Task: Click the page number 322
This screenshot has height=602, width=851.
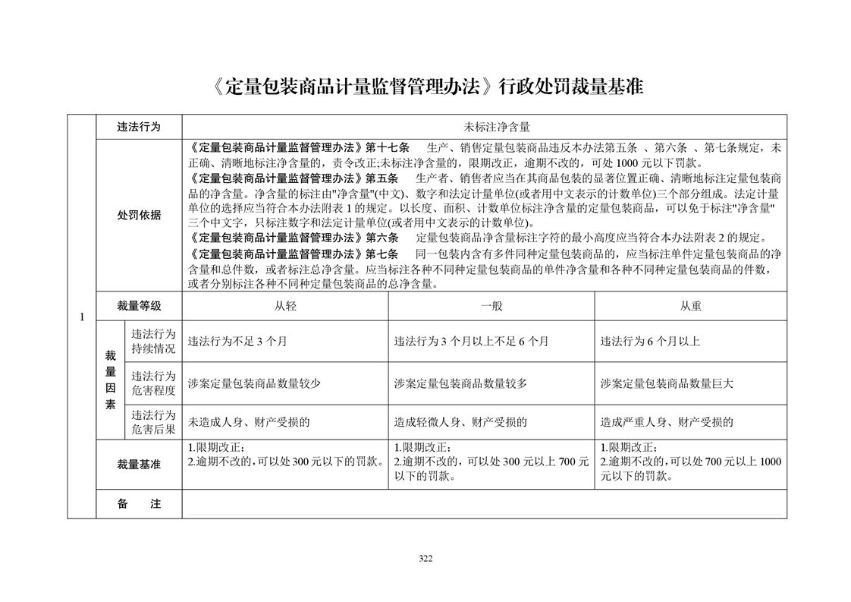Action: pyautogui.click(x=425, y=559)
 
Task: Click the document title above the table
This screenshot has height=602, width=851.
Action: pyautogui.click(x=425, y=86)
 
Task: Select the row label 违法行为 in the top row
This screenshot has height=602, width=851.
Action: pyautogui.click(x=139, y=126)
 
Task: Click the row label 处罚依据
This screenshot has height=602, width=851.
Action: pyautogui.click(x=139, y=216)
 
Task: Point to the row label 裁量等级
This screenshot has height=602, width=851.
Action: pyautogui.click(x=139, y=306)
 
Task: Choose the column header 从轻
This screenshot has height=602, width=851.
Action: pyautogui.click(x=285, y=306)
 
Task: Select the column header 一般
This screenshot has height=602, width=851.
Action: pyautogui.click(x=491, y=306)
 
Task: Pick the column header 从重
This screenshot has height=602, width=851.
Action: pyautogui.click(x=690, y=306)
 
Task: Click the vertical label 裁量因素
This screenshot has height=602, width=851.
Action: pyautogui.click(x=110, y=380)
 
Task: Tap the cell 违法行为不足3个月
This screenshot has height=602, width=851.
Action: pyautogui.click(x=237, y=342)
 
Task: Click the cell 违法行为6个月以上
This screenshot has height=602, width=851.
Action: pyautogui.click(x=650, y=342)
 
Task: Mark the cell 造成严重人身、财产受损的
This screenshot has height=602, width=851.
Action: pyautogui.click(x=667, y=422)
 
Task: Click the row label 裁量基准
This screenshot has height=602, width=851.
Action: pyautogui.click(x=139, y=465)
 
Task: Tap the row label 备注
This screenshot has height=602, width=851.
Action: pyautogui.click(x=139, y=503)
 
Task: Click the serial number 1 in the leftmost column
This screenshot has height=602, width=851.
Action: pyautogui.click(x=81, y=317)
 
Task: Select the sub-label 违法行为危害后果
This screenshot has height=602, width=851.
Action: pyautogui.click(x=153, y=422)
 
